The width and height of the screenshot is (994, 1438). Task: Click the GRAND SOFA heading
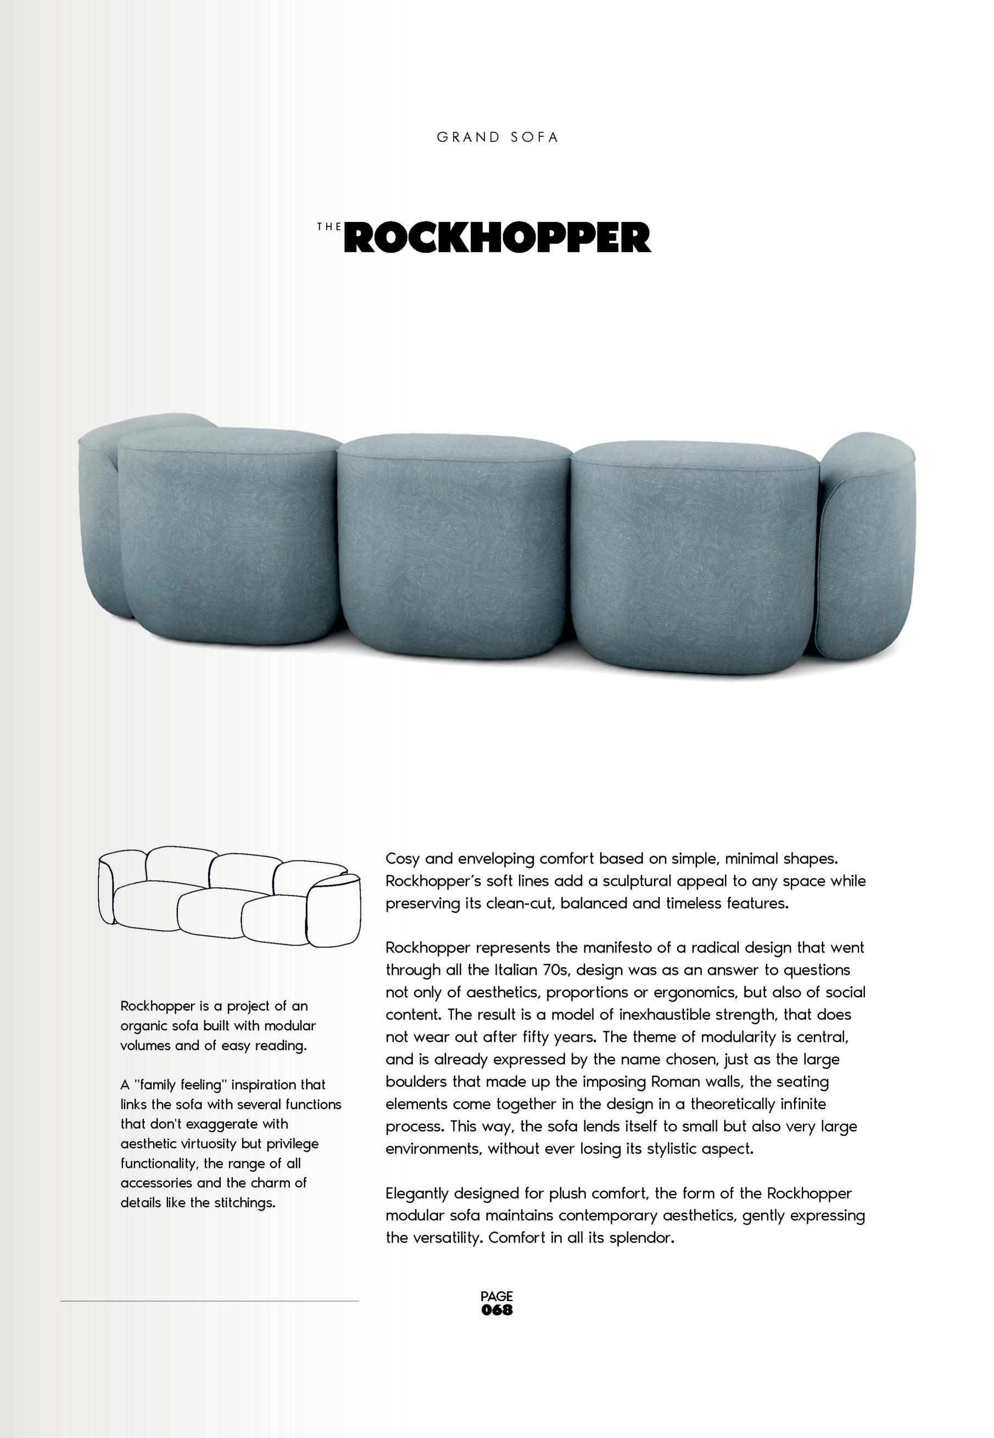point(497,138)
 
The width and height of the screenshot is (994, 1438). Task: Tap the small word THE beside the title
point(329,227)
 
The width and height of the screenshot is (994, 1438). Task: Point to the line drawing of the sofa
point(229,895)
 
